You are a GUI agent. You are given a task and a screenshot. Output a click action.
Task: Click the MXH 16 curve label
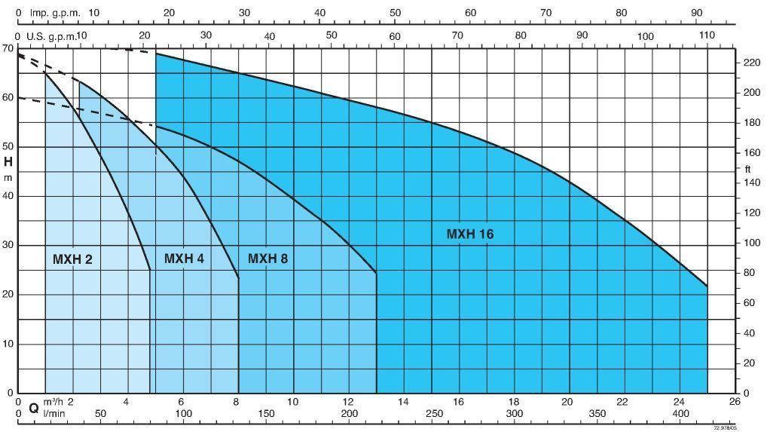469,234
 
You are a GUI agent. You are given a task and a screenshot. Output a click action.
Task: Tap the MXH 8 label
267,259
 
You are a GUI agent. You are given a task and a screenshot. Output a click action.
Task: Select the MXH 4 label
184,259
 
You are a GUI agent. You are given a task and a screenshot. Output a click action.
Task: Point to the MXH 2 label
72,259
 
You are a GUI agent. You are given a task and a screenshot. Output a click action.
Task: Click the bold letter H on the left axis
8,161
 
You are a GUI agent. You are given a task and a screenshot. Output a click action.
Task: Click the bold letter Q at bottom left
33,407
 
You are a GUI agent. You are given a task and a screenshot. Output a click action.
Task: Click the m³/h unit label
53,401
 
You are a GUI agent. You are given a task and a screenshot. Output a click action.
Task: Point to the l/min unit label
53,414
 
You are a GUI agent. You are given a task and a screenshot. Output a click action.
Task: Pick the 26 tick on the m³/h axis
735,401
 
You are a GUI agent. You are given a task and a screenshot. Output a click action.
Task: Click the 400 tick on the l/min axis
680,414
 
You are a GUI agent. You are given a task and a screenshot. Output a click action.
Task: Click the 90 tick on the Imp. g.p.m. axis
696,13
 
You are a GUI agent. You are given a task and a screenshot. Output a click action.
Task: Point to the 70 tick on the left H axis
8,48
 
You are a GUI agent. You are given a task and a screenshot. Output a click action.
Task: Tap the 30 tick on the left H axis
8,245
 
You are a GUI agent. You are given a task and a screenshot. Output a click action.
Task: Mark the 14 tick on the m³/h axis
403,401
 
